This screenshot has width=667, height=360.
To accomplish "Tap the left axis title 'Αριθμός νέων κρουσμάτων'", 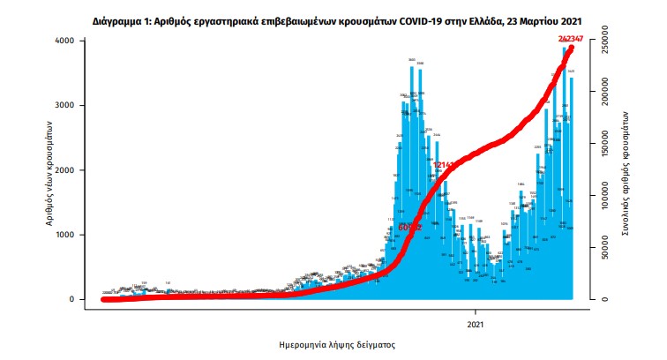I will (x=51, y=172).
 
